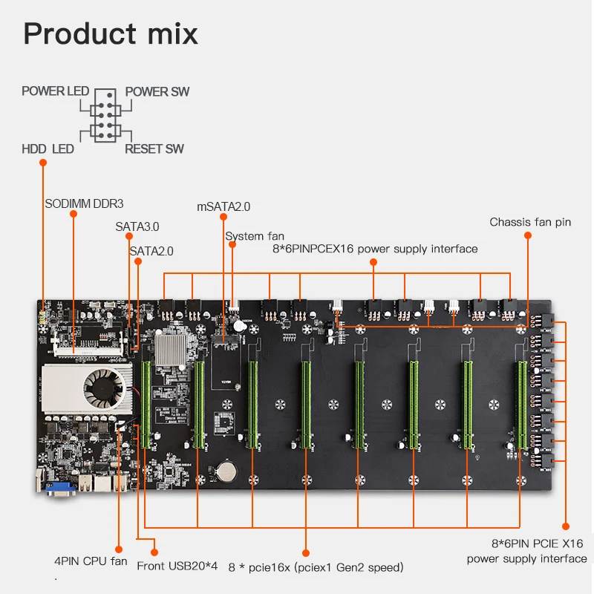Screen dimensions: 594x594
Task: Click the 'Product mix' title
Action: click(x=111, y=33)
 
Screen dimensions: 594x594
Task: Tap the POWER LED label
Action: click(x=55, y=91)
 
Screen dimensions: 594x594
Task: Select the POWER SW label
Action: click(x=157, y=92)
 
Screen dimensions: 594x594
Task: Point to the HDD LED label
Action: click(x=48, y=149)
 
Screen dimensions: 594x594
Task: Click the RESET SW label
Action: click(x=154, y=149)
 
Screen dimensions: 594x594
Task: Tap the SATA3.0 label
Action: click(x=137, y=226)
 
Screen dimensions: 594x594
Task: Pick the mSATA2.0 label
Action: click(x=223, y=206)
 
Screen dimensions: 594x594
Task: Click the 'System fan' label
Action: click(x=255, y=236)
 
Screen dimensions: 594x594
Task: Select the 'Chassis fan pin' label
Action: click(x=530, y=222)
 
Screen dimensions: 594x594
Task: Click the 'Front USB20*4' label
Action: click(x=177, y=567)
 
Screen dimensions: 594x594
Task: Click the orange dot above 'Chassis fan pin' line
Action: click(x=528, y=235)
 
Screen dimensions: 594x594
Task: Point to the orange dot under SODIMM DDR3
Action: click(x=74, y=215)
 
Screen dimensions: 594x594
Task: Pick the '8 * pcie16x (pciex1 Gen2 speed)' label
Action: click(x=316, y=567)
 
